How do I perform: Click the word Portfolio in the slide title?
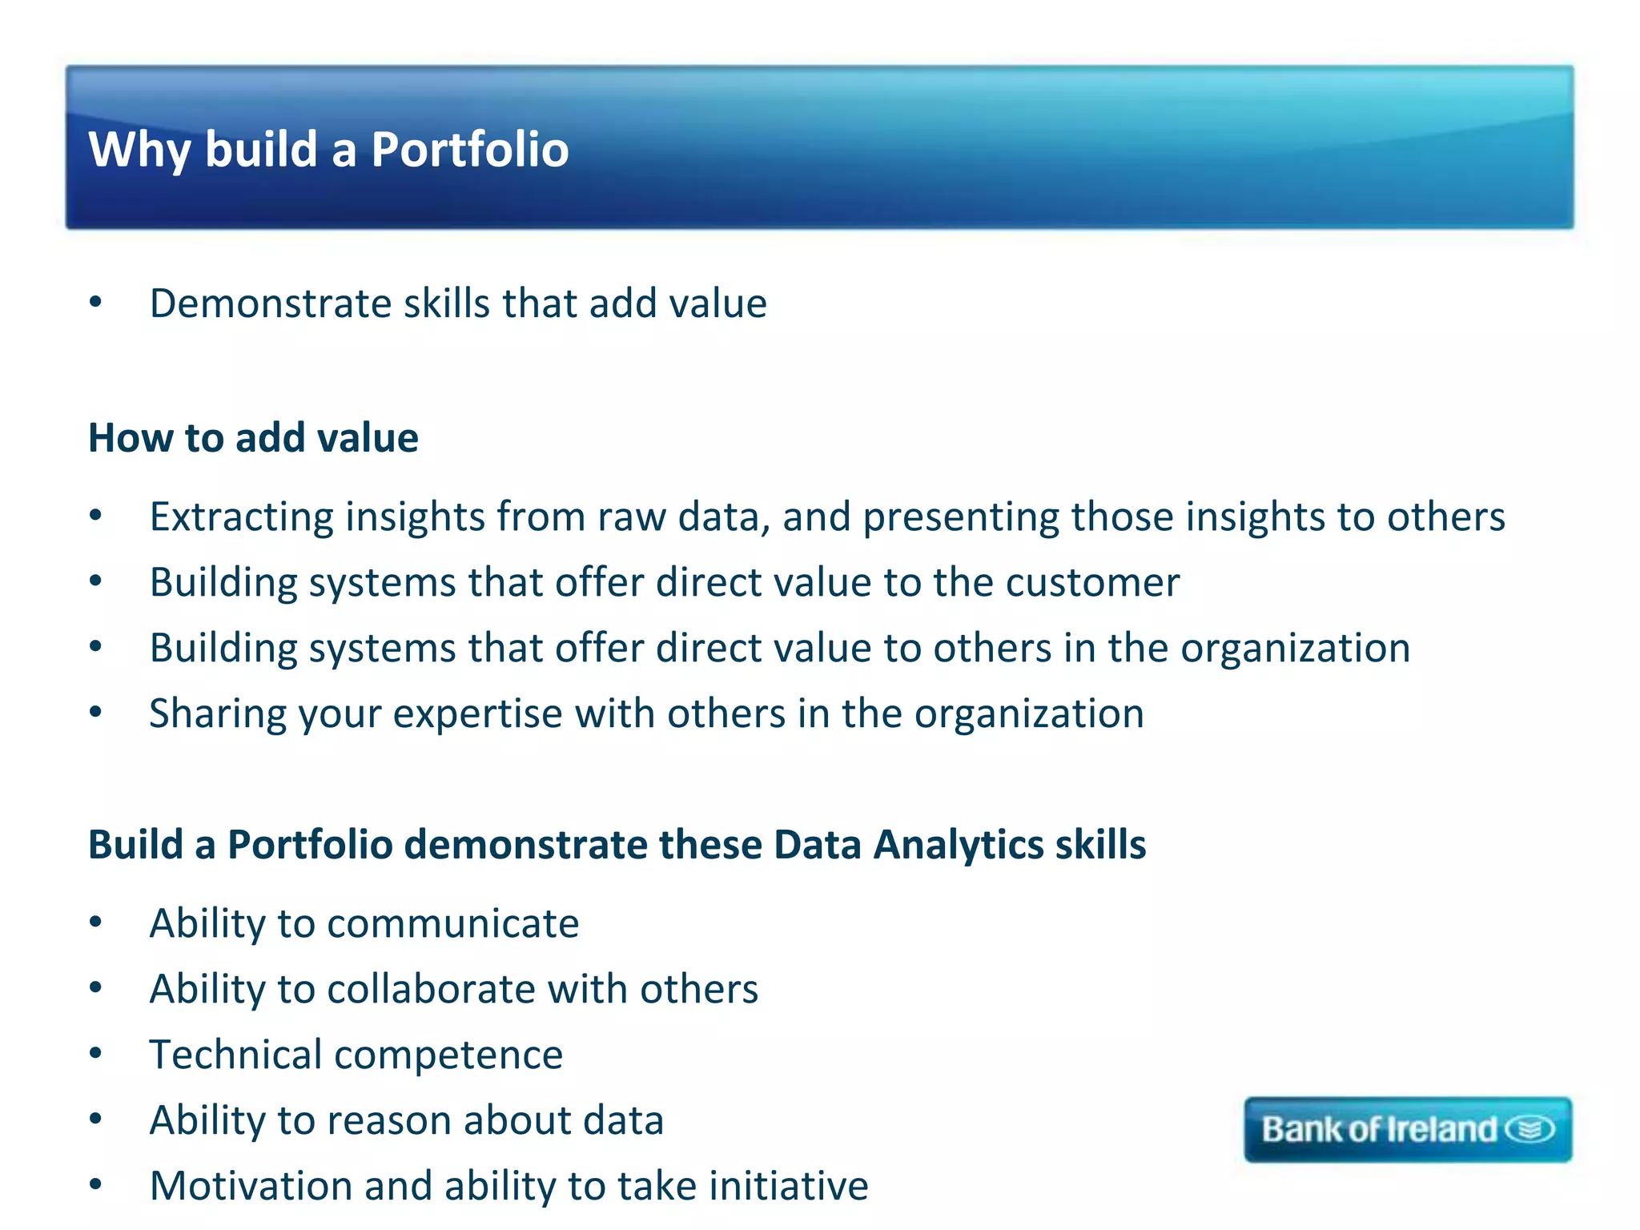tap(469, 150)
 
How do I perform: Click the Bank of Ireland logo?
tap(1407, 1129)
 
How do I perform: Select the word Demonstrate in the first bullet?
tap(269, 303)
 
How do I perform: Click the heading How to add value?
tap(253, 438)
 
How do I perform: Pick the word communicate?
tap(453, 923)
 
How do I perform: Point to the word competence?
tap(448, 1055)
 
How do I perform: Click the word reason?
tap(389, 1120)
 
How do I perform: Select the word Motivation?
tap(251, 1186)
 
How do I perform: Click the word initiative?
tap(789, 1186)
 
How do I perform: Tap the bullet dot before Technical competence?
tap(96, 1053)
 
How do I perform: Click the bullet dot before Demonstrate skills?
tap(96, 302)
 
